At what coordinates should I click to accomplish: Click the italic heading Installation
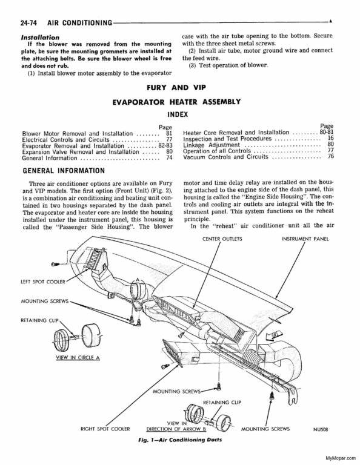pos(40,38)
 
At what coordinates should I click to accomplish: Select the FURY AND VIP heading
pos(176,88)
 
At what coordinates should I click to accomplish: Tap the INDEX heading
pos(178,114)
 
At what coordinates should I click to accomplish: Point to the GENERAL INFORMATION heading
pos(64,171)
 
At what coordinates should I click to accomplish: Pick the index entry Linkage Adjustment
pos(212,145)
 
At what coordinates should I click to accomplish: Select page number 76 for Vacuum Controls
pos(331,156)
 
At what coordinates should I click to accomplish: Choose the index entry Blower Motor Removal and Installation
pos(78,134)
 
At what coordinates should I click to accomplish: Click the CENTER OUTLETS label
pos(222,239)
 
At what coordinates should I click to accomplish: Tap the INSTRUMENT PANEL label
pos(305,239)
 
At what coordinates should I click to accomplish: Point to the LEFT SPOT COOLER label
pos(43,282)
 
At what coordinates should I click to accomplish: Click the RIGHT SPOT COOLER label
pos(105,429)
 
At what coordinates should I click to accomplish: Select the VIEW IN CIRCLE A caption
pos(78,358)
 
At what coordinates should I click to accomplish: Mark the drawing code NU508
pos(320,429)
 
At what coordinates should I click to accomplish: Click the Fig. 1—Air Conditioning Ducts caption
pos(180,440)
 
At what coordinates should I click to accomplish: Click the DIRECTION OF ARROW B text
pos(176,429)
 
